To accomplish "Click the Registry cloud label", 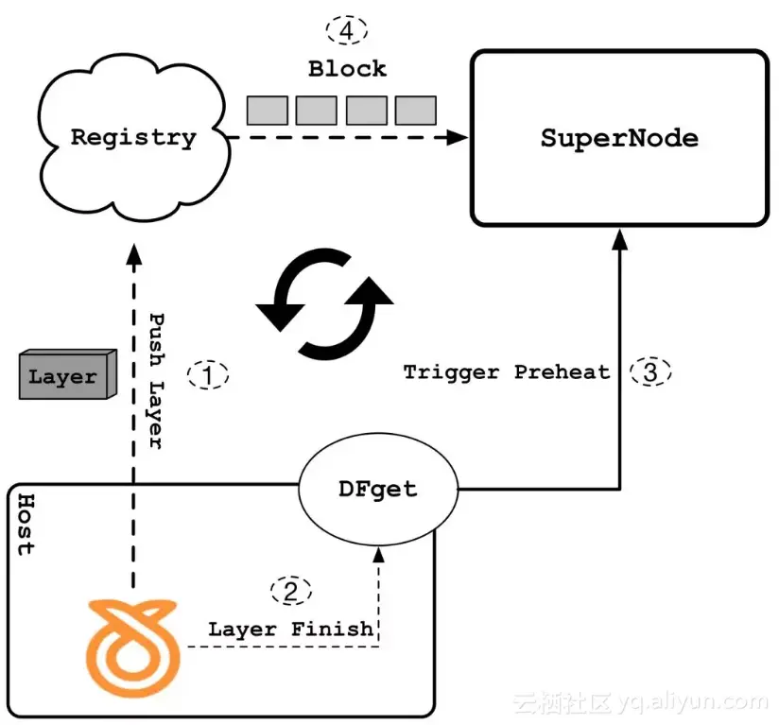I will (x=133, y=137).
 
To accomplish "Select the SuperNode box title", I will (x=619, y=139).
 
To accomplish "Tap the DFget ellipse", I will (x=376, y=490).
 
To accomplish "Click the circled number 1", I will (x=208, y=374).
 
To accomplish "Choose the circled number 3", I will (x=649, y=371).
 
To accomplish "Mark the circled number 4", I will (x=347, y=30).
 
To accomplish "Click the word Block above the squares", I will (x=347, y=69).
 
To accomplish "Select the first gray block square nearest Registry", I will (x=268, y=111).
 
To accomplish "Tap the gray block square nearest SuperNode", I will (x=415, y=111).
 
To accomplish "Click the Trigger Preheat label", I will (x=507, y=372).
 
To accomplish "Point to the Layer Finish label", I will (x=290, y=629).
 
